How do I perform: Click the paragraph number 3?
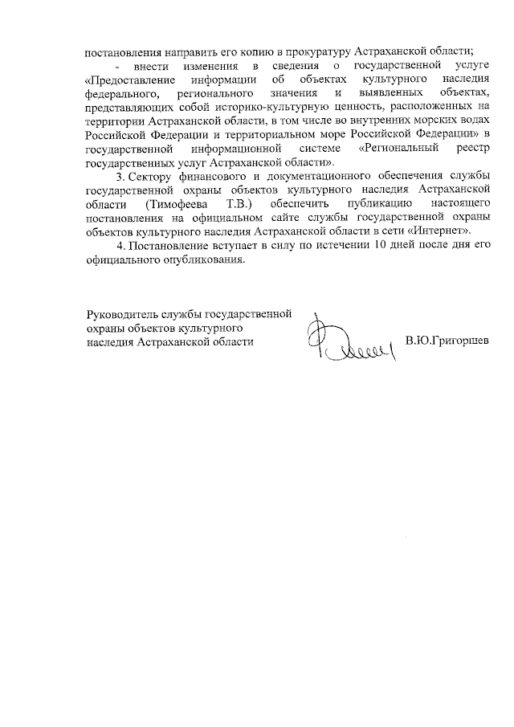120,176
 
